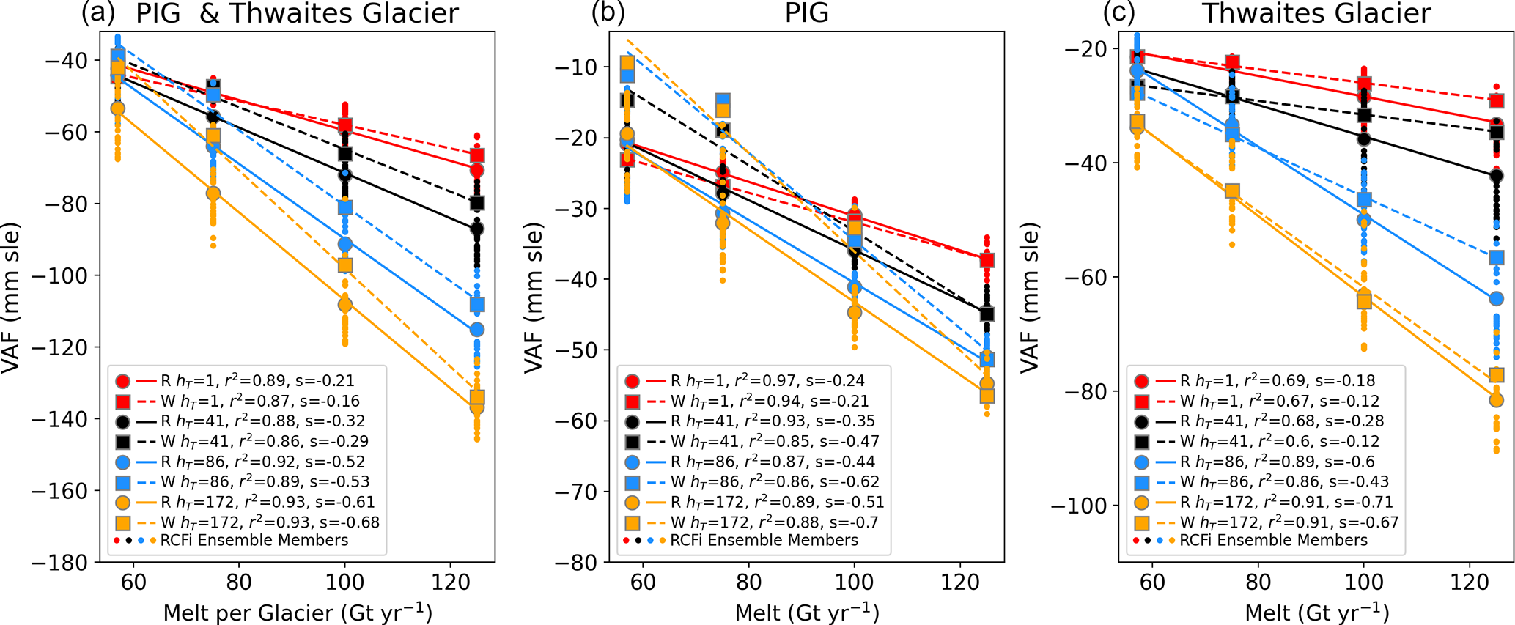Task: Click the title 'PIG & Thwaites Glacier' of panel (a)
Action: (x=297, y=13)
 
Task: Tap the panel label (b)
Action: (x=608, y=13)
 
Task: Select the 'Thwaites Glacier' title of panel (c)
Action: (x=1316, y=13)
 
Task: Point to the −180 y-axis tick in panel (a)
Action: (x=64, y=563)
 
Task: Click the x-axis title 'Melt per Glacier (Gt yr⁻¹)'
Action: (x=298, y=613)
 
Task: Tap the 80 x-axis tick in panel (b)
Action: (x=748, y=583)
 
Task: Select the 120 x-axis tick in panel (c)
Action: (x=1470, y=583)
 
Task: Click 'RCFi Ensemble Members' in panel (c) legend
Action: (x=1274, y=540)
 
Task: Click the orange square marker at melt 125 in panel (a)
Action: (x=477, y=398)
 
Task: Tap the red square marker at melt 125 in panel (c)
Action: (x=1497, y=101)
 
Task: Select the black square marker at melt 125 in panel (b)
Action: (x=987, y=314)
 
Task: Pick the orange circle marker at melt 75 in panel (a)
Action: (x=213, y=193)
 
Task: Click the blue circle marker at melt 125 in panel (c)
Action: (x=1497, y=299)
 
